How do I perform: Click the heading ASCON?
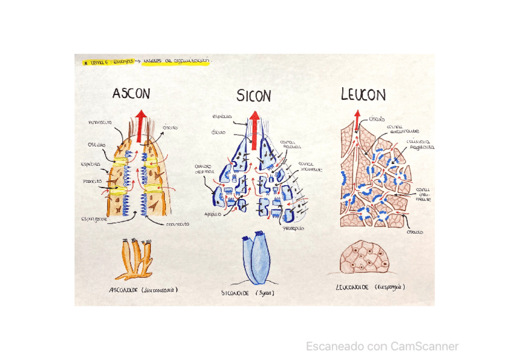tap(131, 93)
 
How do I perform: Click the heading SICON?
tap(253, 96)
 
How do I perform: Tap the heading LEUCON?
tap(363, 94)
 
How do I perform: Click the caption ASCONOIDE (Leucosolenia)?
tap(143, 290)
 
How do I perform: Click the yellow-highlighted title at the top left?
tap(146, 61)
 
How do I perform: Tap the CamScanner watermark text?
tap(382, 346)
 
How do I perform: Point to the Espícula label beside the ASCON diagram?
tap(90, 163)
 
